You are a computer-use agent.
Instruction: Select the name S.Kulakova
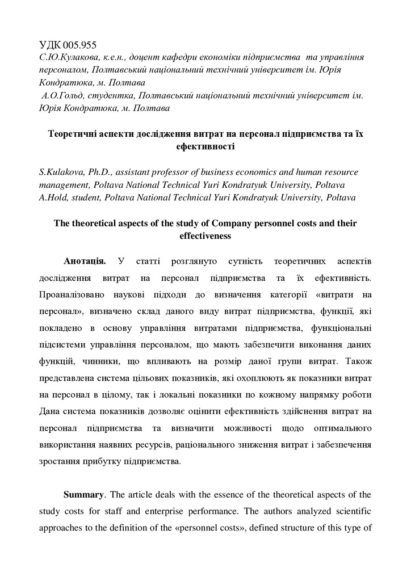coord(62,172)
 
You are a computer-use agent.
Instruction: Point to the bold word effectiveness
coord(205,236)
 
